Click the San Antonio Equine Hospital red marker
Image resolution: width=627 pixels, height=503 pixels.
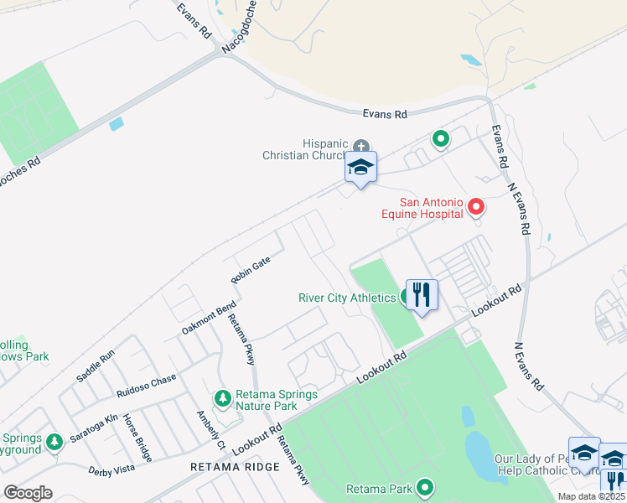point(476,205)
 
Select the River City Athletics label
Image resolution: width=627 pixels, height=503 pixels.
point(347,298)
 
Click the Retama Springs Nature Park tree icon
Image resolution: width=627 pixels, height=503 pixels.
point(222,397)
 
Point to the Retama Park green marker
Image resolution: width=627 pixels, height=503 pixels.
point(425,487)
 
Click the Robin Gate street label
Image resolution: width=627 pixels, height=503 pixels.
point(251,269)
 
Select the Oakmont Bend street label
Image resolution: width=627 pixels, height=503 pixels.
point(209,319)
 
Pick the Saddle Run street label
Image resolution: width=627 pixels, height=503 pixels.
point(95,366)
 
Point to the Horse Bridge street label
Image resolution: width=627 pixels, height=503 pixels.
point(137,438)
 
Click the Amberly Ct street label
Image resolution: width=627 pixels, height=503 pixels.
point(210,428)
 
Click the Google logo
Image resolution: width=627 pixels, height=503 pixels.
point(28,492)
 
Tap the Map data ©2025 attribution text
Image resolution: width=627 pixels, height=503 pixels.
point(592,496)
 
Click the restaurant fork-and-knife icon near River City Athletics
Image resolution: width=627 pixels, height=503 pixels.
point(421,295)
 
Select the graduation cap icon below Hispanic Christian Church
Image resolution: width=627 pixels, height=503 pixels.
point(360,167)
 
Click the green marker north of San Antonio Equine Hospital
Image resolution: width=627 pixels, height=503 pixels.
point(438,139)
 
